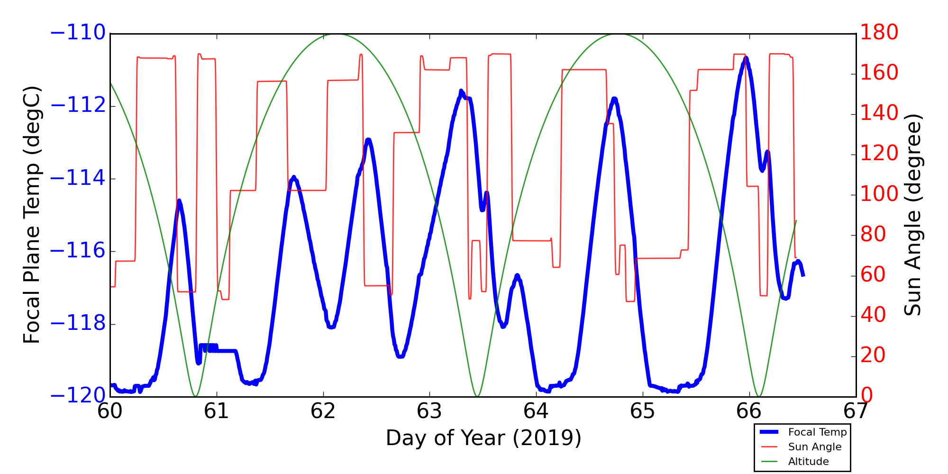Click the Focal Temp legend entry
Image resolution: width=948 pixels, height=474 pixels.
[817, 432]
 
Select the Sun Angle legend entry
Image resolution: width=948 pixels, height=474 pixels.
[814, 447]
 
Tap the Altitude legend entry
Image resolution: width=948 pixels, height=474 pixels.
[808, 462]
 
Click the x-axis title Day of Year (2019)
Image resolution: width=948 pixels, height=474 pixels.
[483, 438]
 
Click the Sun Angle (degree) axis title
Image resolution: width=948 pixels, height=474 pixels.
[912, 215]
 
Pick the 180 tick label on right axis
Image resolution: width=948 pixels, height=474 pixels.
[879, 33]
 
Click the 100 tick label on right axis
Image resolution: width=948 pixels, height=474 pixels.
[879, 194]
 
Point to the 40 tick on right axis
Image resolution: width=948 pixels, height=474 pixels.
[873, 315]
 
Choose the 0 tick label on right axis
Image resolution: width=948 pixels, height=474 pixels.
[866, 396]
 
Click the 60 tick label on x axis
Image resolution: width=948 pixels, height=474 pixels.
[110, 411]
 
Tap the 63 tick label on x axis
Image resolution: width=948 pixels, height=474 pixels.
[429, 411]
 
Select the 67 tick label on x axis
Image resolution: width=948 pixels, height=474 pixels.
[856, 411]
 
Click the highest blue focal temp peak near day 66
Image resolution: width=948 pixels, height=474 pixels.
[746, 58]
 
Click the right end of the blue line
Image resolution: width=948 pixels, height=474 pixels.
[803, 275]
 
